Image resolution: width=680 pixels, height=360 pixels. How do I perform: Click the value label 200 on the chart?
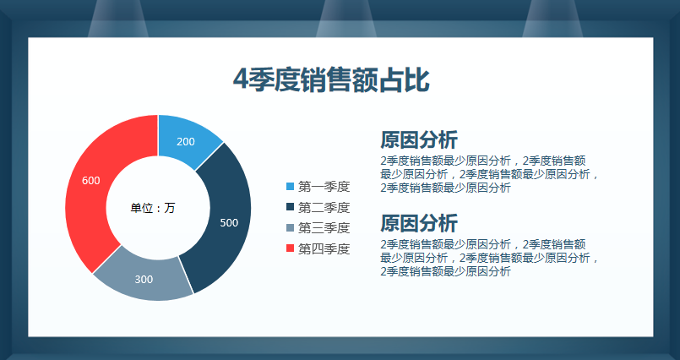186,141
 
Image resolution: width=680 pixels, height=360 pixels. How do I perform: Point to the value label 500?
229,223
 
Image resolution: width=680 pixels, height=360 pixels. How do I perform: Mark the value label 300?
144,279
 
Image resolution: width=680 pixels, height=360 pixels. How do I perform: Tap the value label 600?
91,180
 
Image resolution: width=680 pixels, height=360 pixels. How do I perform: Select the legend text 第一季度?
324,187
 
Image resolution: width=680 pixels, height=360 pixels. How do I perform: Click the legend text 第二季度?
324,207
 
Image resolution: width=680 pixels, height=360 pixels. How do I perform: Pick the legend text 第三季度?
324,227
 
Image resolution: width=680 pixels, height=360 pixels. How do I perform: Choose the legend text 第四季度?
324,248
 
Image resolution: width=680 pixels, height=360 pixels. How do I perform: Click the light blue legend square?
291,187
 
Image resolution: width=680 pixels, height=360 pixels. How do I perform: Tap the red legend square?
291,248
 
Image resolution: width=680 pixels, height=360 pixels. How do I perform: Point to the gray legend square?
291,227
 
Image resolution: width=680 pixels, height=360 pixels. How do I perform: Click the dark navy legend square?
291,207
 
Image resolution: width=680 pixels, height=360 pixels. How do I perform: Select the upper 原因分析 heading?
419,139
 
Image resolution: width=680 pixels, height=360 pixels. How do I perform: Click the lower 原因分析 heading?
419,223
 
